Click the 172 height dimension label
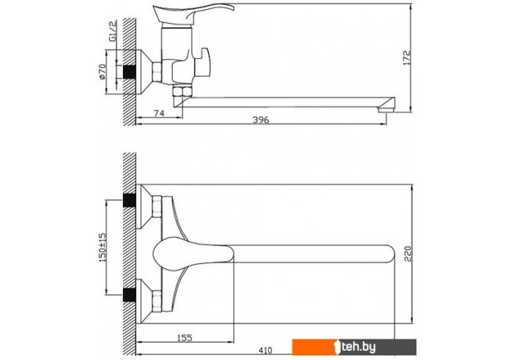(x=407, y=58)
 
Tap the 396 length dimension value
(x=261, y=120)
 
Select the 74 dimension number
(x=159, y=113)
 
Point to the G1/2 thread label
(x=112, y=31)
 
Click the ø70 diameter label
(x=102, y=72)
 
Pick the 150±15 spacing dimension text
(x=102, y=248)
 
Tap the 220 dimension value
(x=408, y=254)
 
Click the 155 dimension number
(x=184, y=338)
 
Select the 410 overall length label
(x=265, y=351)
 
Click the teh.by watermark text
(x=358, y=347)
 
